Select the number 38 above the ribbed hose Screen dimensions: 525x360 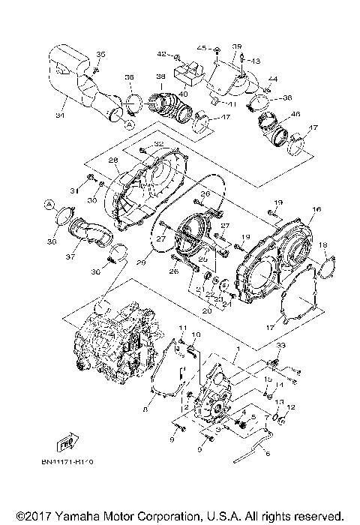pyautogui.click(x=159, y=76)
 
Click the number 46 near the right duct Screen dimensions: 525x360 pyautogui.click(x=295, y=114)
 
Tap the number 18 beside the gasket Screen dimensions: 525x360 pyautogui.click(x=323, y=245)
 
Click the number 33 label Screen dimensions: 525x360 pyautogui.click(x=281, y=344)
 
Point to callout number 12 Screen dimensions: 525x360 pyautogui.click(x=292, y=406)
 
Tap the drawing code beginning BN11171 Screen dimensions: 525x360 pyautogui.click(x=67, y=462)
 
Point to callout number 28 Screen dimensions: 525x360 pyautogui.click(x=113, y=160)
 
